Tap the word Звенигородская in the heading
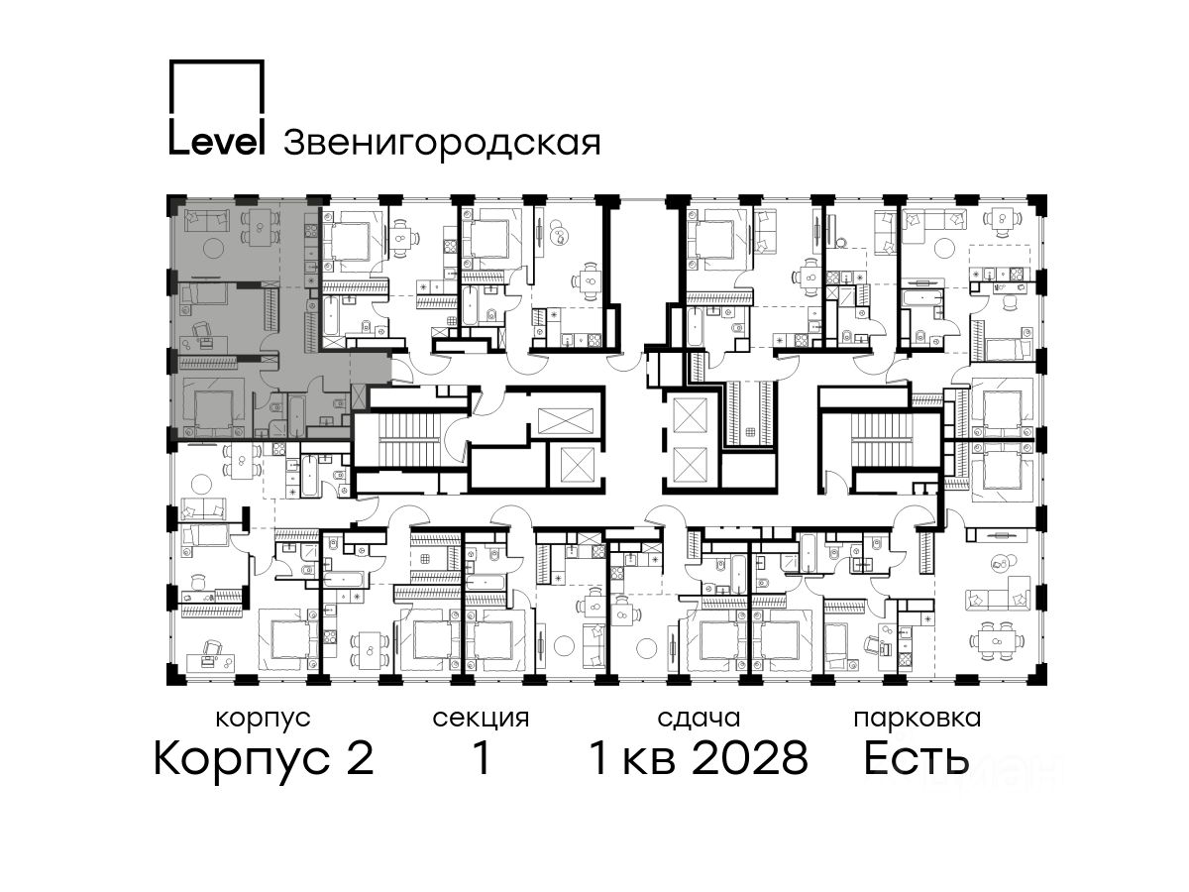coord(442,143)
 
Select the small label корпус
coord(263,718)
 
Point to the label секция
coord(481,719)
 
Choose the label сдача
coord(699,719)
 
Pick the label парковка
coord(918,719)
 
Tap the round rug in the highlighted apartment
coord(212,248)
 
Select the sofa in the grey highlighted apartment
coord(206,219)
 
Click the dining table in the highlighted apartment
coord(261,228)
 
